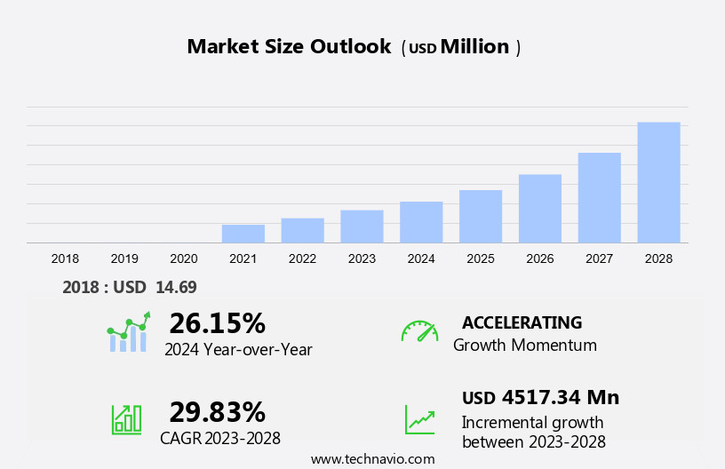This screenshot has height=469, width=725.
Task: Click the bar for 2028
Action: [x=658, y=182]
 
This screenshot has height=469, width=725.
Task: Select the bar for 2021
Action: [x=243, y=234]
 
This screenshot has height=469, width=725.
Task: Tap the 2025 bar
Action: [x=481, y=216]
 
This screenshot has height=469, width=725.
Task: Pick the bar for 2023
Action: [x=362, y=227]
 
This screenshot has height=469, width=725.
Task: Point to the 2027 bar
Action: [x=600, y=197]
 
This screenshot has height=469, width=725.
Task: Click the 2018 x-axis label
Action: [x=65, y=258]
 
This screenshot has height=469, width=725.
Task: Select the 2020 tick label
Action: [x=184, y=258]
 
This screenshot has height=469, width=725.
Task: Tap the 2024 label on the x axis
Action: [x=421, y=258]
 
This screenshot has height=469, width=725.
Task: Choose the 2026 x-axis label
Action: [x=540, y=258]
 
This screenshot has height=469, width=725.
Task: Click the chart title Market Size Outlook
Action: [x=289, y=47]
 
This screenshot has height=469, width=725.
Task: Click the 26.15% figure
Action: [x=217, y=323]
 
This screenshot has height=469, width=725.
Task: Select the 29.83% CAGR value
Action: [x=217, y=412]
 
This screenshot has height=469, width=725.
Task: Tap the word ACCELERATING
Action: [x=522, y=322]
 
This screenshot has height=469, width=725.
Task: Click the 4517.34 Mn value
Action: [x=560, y=397]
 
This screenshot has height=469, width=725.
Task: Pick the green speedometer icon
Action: [x=419, y=331]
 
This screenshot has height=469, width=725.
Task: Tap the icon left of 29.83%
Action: [x=126, y=419]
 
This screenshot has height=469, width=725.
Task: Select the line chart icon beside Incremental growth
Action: [x=419, y=419]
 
